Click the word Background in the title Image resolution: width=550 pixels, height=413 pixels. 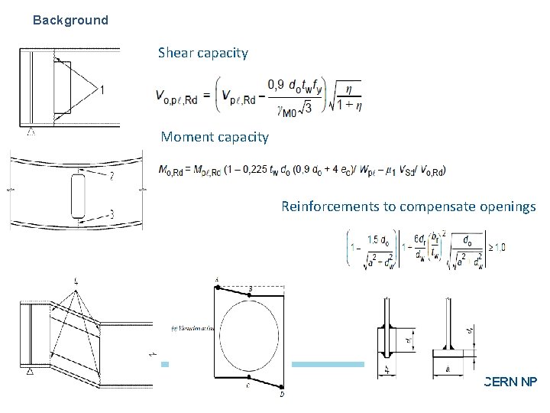click(70, 21)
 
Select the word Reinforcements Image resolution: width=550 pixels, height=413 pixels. click(330, 206)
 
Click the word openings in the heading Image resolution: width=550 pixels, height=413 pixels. click(510, 206)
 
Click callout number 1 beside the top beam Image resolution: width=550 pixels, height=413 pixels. click(102, 90)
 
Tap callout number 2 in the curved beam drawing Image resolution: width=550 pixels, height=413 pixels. click(112, 177)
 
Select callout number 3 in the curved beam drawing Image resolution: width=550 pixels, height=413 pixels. click(112, 215)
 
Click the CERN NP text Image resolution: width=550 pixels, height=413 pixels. click(510, 379)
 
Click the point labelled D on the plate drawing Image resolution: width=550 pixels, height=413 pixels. click(283, 395)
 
